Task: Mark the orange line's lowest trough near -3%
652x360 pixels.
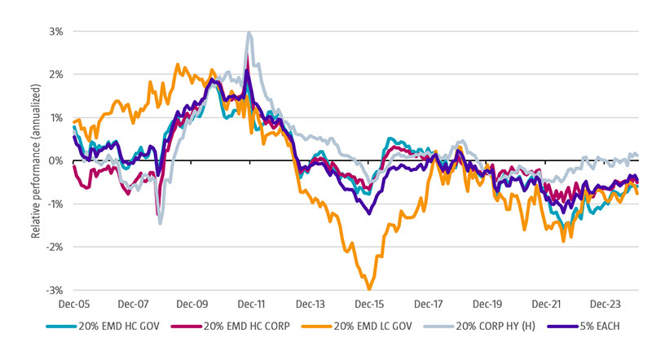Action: tap(369, 288)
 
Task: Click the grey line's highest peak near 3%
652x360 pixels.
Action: tap(249, 33)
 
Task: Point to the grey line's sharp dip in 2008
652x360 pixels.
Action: tap(160, 222)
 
